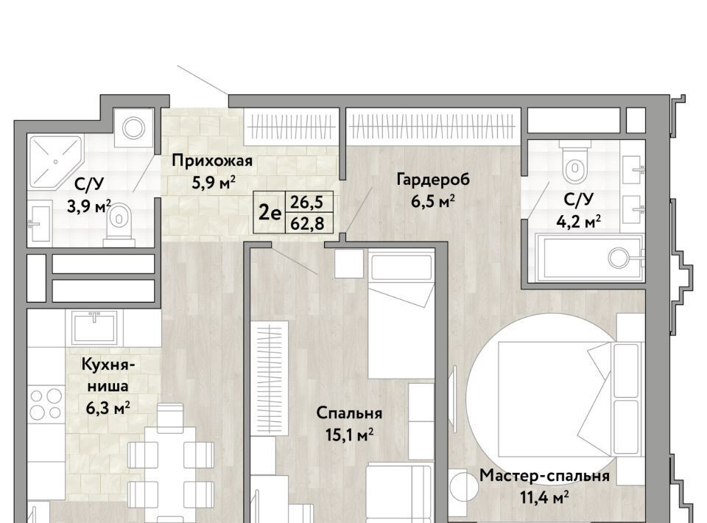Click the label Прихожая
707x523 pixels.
click(212, 161)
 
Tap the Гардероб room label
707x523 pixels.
click(433, 180)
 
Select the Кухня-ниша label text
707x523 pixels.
click(108, 375)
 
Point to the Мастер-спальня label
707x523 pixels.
click(544, 476)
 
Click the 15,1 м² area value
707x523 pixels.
click(349, 435)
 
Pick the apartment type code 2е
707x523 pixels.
click(270, 213)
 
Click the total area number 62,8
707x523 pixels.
click(307, 222)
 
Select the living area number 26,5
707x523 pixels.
click(306, 202)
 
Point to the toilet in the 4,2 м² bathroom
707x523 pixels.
click(574, 164)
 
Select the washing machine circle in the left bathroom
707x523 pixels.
click(134, 128)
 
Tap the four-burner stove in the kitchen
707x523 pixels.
click(46, 404)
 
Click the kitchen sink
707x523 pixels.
click(95, 327)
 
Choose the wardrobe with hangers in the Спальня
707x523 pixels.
click(270, 379)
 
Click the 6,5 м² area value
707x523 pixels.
click(432, 200)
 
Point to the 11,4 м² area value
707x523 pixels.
click(544, 497)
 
